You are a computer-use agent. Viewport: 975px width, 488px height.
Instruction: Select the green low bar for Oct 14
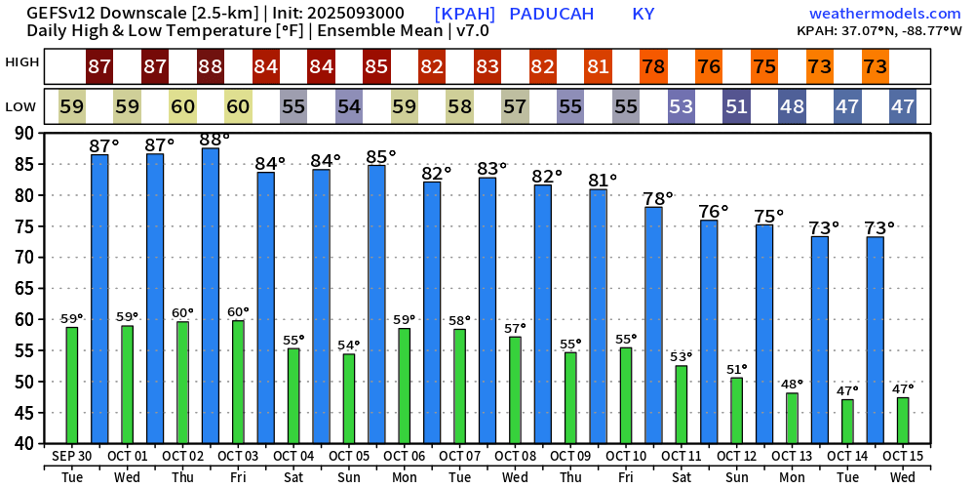pyautogui.click(x=847, y=421)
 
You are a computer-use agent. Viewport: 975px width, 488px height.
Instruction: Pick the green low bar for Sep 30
pyautogui.click(x=72, y=385)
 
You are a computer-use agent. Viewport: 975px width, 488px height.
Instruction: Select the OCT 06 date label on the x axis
pyautogui.click(x=404, y=456)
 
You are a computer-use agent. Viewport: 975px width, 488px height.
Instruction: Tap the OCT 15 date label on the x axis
pyautogui.click(x=903, y=456)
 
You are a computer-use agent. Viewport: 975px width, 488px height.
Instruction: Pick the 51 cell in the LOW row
pyautogui.click(x=737, y=106)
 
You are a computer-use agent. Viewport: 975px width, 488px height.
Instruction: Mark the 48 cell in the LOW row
pyautogui.click(x=792, y=106)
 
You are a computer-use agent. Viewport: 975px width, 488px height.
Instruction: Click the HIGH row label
pyautogui.click(x=22, y=62)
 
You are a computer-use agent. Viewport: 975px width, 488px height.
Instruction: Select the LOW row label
pyautogui.click(x=22, y=105)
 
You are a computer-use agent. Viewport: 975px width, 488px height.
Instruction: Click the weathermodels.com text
pyautogui.click(x=885, y=14)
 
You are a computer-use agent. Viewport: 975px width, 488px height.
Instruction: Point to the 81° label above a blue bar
pyautogui.click(x=604, y=180)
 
